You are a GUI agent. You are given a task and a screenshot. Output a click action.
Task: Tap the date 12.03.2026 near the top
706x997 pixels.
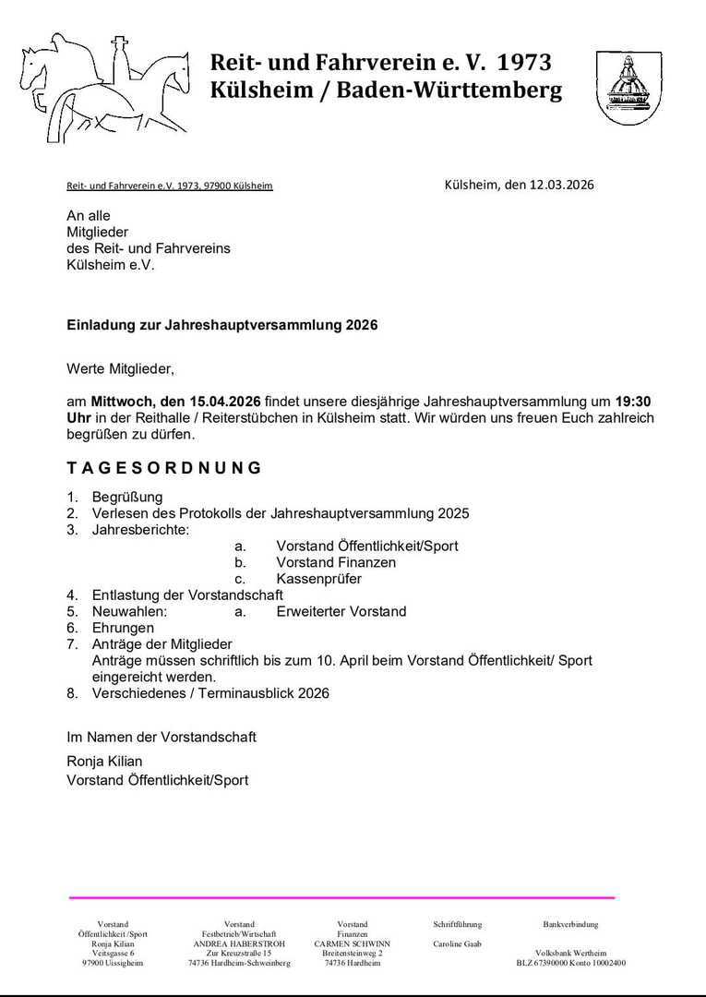[x=561, y=184]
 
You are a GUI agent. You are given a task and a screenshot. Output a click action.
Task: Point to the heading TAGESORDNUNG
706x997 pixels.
[x=164, y=468]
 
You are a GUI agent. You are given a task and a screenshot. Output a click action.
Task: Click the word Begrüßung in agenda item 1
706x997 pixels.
[x=127, y=497]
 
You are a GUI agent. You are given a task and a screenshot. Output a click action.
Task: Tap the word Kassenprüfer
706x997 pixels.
[x=318, y=579]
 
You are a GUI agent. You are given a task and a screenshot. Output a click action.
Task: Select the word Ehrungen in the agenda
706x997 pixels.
[x=123, y=628]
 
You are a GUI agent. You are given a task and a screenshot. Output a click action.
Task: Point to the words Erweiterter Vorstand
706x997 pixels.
[x=341, y=611]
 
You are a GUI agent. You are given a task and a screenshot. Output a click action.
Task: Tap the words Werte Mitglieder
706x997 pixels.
[x=120, y=369]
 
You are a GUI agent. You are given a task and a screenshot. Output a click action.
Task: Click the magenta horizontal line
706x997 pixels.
[x=341, y=897]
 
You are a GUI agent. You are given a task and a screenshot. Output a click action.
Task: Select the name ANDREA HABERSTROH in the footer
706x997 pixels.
[x=239, y=944]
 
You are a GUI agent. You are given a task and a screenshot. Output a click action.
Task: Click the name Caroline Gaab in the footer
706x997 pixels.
[x=457, y=944]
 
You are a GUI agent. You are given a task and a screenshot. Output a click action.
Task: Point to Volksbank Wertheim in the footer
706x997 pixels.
[x=570, y=954]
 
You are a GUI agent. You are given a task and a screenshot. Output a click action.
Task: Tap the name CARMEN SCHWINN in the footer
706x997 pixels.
[x=352, y=944]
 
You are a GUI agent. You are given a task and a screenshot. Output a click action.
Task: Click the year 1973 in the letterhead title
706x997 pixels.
[x=524, y=63]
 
